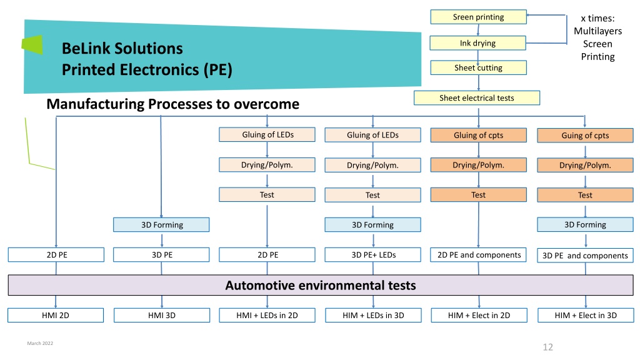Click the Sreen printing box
click(x=478, y=17)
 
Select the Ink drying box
click(x=478, y=43)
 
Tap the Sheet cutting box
click(x=478, y=67)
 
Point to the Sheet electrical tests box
click(x=477, y=98)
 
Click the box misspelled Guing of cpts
click(x=585, y=136)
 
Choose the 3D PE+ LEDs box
click(x=373, y=255)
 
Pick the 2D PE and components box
click(x=478, y=255)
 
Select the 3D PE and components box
click(x=585, y=256)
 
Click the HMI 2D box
click(x=56, y=315)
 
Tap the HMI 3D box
click(x=162, y=315)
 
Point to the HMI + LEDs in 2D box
click(x=267, y=315)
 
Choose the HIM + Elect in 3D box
click(x=586, y=315)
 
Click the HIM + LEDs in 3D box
click(x=374, y=315)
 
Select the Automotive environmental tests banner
click(x=321, y=285)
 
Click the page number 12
click(x=547, y=347)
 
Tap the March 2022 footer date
click(x=40, y=343)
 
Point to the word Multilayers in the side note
click(x=598, y=31)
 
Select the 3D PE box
click(x=162, y=255)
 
